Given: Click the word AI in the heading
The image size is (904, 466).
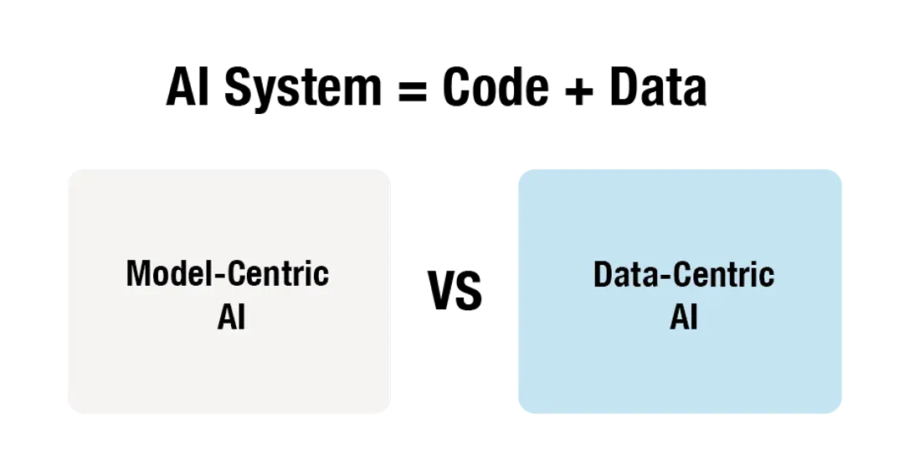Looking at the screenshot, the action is point(187,88).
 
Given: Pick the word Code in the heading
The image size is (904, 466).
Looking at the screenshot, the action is point(496,87).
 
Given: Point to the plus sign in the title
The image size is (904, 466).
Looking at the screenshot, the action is point(579,91).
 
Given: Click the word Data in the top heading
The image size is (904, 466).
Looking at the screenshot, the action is point(658,88).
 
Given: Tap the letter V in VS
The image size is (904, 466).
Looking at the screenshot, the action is point(441,291).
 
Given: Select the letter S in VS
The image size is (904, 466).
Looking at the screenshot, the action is point(470,291).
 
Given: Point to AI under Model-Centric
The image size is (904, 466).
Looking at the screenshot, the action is point(231,317).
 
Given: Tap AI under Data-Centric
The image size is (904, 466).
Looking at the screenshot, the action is point(684,317).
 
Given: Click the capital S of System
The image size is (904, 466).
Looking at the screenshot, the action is point(238,88).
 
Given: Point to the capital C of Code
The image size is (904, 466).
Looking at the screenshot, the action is point(457,87).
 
